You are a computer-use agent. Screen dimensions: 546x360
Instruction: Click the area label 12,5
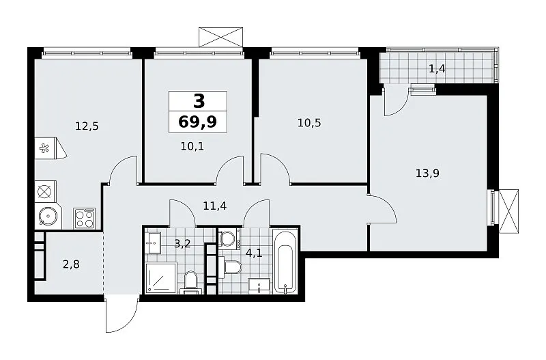(87, 126)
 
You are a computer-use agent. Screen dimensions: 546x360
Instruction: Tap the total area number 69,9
(198, 122)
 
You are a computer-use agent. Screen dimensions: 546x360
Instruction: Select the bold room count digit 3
(199, 101)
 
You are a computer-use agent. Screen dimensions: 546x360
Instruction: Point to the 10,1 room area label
(192, 146)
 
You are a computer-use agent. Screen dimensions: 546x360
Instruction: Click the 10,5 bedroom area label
(309, 123)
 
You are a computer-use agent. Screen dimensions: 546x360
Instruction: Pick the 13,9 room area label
(428, 173)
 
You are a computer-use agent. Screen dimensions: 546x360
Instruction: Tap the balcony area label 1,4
(437, 69)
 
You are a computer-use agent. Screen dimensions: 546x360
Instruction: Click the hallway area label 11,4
(215, 206)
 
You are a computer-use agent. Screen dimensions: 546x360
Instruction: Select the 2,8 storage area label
(71, 264)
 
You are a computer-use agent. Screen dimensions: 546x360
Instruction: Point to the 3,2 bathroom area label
(182, 244)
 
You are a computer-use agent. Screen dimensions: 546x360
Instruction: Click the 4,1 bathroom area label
(254, 252)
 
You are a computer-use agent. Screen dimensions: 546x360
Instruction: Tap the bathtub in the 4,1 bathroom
(285, 262)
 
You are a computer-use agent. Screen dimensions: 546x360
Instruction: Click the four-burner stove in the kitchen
(84, 218)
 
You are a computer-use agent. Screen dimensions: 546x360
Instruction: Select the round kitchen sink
(48, 217)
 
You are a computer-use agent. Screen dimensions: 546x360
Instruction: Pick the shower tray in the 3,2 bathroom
(161, 278)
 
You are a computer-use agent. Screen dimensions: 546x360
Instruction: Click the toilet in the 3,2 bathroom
(190, 282)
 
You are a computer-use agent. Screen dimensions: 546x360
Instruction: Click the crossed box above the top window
(220, 37)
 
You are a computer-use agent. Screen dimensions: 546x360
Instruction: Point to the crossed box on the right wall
(508, 212)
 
